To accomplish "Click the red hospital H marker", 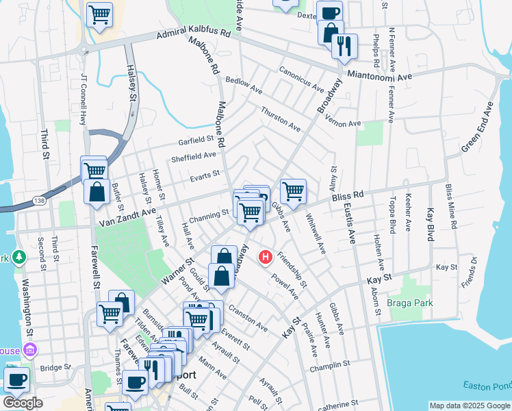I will point(266,258).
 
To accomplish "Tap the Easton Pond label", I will point(487,386).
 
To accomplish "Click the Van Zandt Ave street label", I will point(128,218).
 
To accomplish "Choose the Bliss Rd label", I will point(346,197).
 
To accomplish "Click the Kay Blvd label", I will point(431,225).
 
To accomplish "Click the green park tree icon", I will point(19,258).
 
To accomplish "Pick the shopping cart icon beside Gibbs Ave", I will point(293,191).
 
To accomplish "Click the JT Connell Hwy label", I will point(84,99).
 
